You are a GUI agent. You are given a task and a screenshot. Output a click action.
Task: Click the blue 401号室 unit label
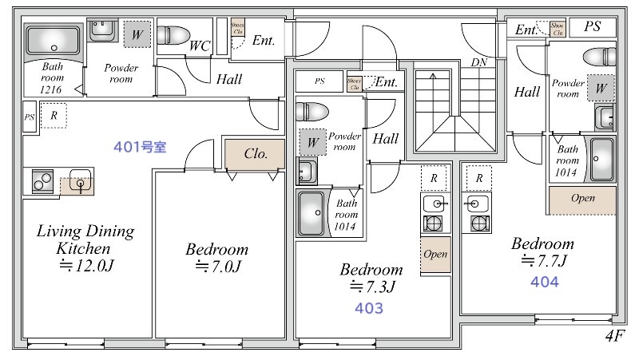click(140, 148)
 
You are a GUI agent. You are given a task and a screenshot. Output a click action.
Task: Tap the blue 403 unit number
click(369, 307)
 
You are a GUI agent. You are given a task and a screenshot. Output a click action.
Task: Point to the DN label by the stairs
click(478, 62)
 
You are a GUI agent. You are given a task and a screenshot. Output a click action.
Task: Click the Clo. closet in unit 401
click(254, 153)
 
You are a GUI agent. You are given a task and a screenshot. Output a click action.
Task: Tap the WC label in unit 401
click(199, 45)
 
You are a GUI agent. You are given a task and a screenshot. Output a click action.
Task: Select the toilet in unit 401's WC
click(173, 36)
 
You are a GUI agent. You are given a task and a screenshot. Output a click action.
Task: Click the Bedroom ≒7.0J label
click(216, 257)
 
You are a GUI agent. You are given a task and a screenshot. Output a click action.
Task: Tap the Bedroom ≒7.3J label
click(371, 276)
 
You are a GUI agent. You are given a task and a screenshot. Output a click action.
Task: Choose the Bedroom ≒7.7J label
click(542, 251)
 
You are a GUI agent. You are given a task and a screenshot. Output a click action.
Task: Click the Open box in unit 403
click(435, 255)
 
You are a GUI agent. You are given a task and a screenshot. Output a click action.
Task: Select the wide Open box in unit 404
click(582, 198)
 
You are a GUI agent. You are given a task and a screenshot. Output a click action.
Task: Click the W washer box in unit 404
click(601, 88)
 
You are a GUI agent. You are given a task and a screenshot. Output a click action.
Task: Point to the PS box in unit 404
click(592, 27)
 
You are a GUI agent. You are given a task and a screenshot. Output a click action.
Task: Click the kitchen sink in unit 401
click(80, 182)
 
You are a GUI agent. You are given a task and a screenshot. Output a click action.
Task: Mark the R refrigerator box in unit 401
click(54, 116)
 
